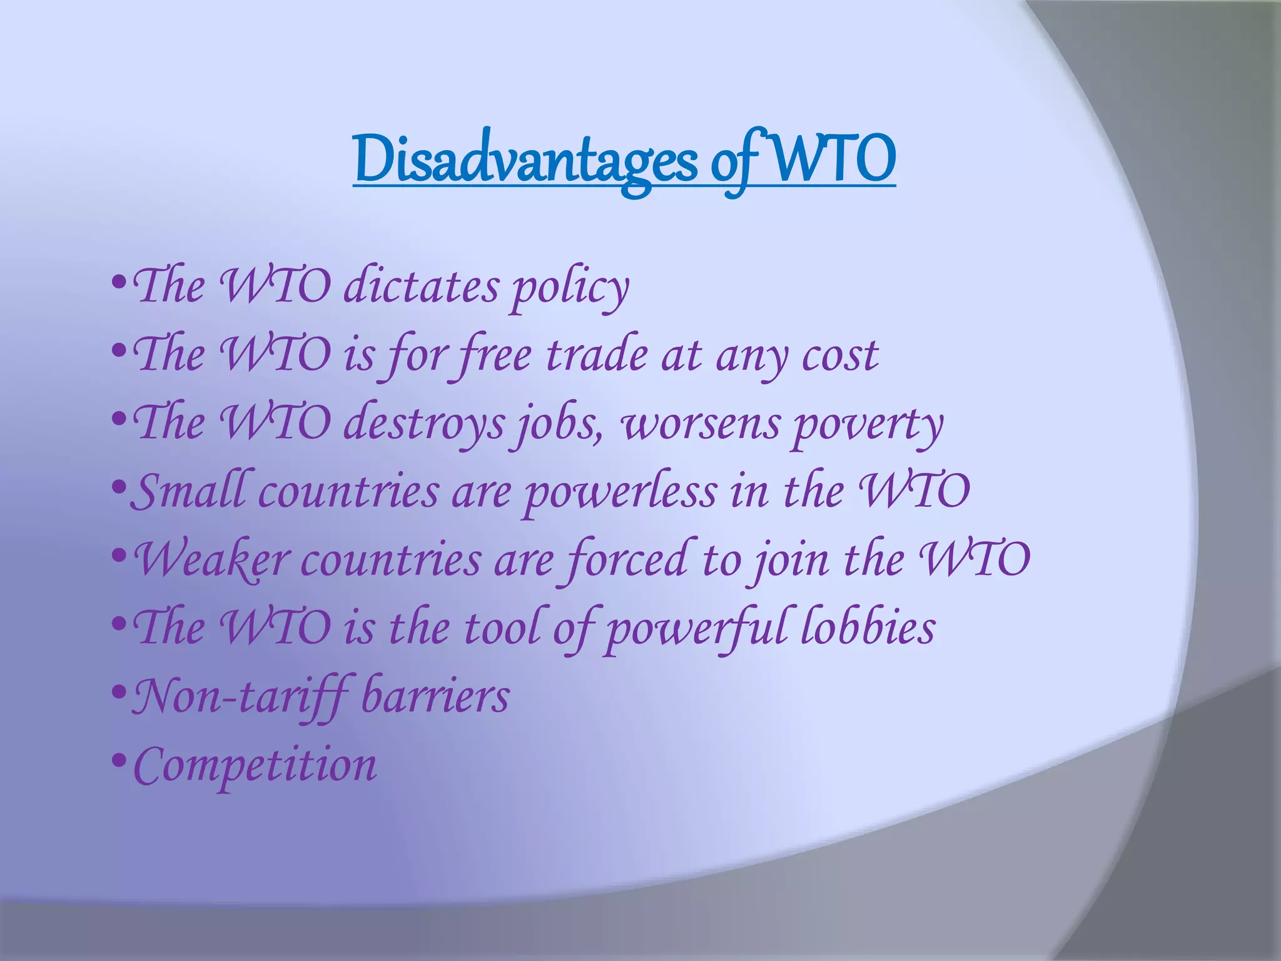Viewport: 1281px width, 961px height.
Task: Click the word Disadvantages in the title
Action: pyautogui.click(x=525, y=160)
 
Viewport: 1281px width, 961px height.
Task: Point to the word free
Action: pyautogui.click(x=494, y=355)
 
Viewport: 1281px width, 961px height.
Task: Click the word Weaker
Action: pyautogui.click(x=213, y=559)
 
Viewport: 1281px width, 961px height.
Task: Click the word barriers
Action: pyautogui.click(x=435, y=696)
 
